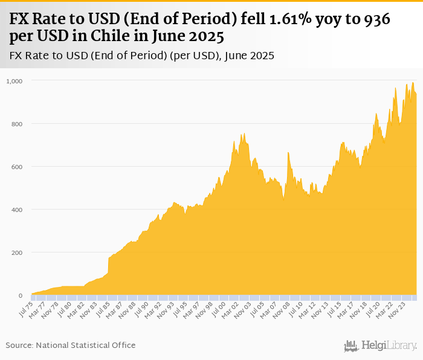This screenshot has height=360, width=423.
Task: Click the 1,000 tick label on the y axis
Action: (14, 80)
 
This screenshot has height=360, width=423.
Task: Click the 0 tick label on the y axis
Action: (20, 296)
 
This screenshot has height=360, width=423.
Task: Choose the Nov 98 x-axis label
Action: (206, 310)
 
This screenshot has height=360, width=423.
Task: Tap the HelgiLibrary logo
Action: (381, 346)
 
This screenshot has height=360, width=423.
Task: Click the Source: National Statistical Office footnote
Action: (71, 345)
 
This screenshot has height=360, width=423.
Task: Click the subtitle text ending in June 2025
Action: (142, 56)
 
